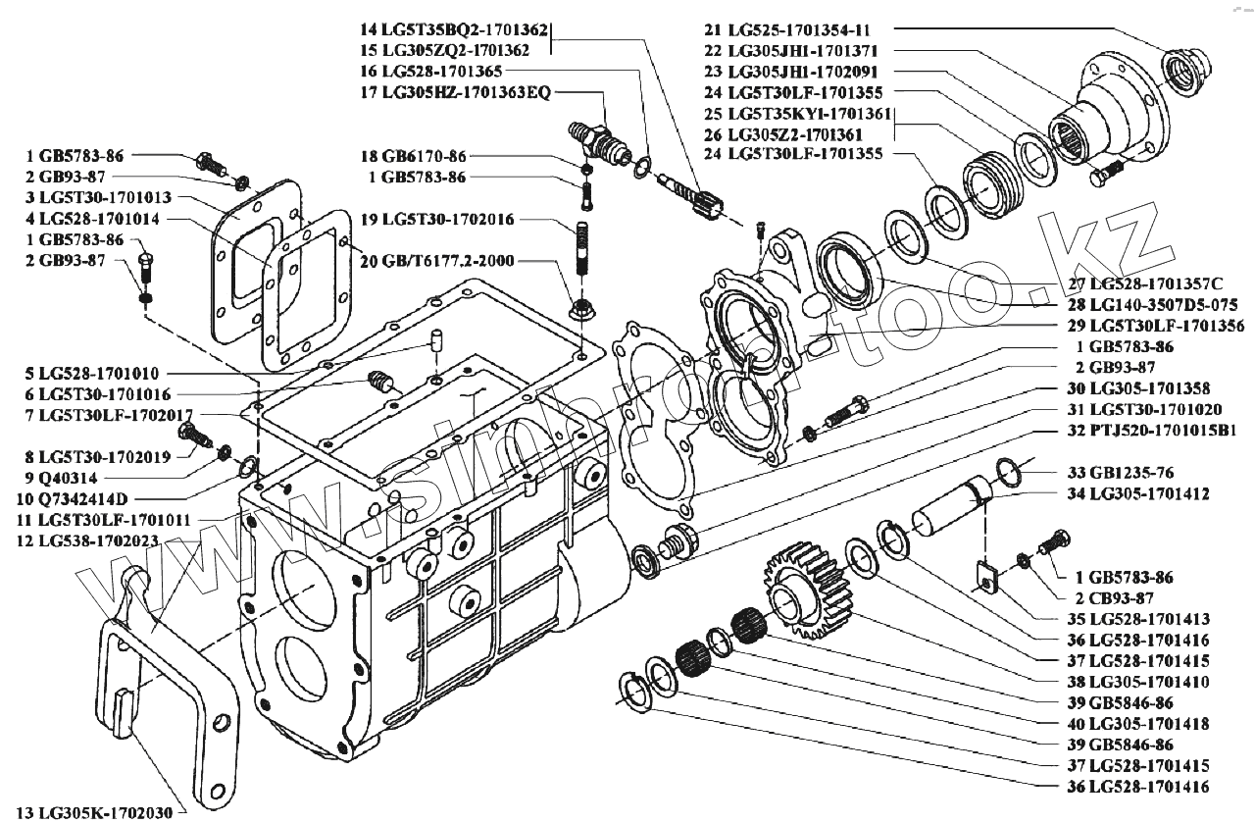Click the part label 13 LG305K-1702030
point(94,812)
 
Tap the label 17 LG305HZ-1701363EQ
point(456,92)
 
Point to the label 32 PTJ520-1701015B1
point(1152,431)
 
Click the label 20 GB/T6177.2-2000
point(437,261)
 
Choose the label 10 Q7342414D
point(73,498)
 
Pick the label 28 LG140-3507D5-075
point(1152,304)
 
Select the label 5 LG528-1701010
point(92,373)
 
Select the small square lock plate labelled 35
point(987,578)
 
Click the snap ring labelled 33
point(1009,472)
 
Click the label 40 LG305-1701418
point(1138,724)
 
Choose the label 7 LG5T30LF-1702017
point(109,416)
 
